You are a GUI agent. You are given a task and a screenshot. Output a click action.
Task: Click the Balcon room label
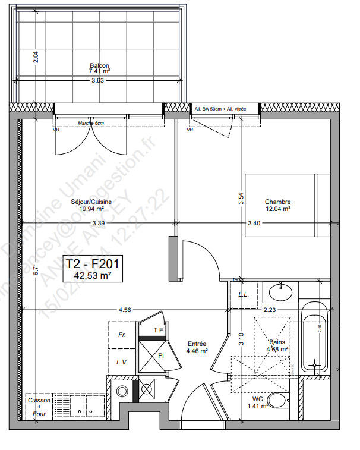coord(99,65)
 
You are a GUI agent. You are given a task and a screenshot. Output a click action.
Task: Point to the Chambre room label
coord(277,202)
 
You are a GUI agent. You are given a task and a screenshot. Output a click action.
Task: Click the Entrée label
coord(197,344)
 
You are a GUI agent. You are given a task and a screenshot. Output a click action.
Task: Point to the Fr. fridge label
coord(122,335)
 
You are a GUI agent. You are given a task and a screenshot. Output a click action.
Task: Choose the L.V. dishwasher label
coord(122,361)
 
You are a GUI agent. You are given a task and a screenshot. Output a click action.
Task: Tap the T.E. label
coord(159,330)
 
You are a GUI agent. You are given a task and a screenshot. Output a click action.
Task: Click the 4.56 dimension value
coord(125,310)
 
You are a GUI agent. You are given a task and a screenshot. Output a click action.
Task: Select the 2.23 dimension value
coord(269,310)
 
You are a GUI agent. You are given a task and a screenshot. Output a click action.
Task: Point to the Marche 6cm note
coord(91,123)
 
